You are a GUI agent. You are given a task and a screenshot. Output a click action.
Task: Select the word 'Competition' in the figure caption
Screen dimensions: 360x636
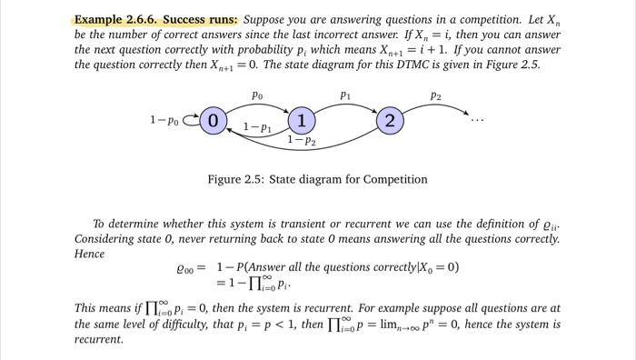tap(390, 179)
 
